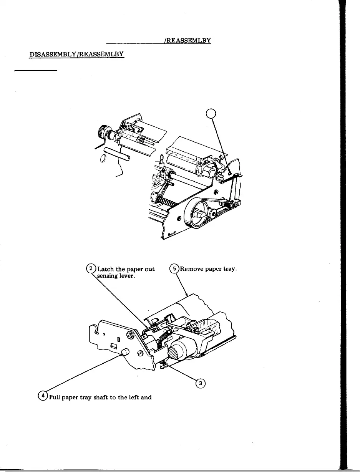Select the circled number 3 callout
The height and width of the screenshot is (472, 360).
[x=200, y=383]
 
